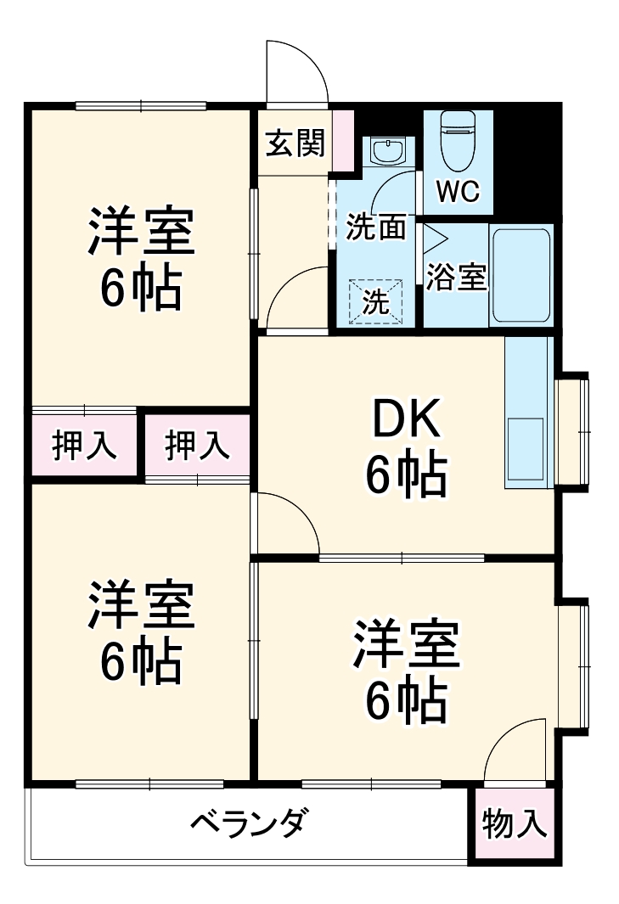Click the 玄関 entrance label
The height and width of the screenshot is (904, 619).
[295, 143]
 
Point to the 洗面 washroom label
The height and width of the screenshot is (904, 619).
[376, 227]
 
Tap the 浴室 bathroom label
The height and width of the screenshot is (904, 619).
[457, 277]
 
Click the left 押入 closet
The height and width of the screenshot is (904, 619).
[84, 446]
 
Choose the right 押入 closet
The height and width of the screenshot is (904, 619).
[197, 446]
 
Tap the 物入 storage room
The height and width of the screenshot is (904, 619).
[515, 823]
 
